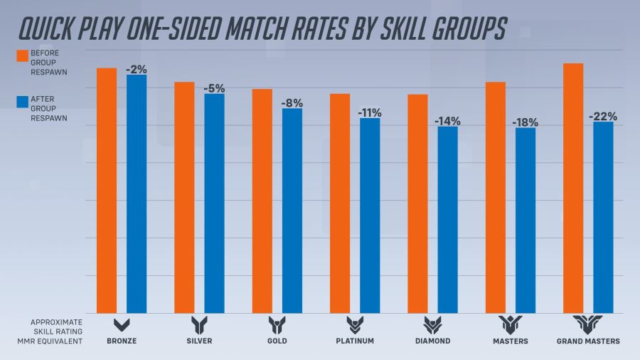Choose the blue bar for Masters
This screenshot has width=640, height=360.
click(526, 220)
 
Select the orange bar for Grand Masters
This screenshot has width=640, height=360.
click(573, 188)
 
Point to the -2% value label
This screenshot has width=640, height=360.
click(137, 70)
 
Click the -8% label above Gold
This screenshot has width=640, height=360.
click(292, 103)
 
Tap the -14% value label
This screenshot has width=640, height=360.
click(447, 121)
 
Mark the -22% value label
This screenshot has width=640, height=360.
click(603, 117)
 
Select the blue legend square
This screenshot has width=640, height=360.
click(22, 103)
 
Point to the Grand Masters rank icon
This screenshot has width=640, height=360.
click(590, 325)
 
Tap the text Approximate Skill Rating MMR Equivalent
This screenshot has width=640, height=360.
click(57, 332)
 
